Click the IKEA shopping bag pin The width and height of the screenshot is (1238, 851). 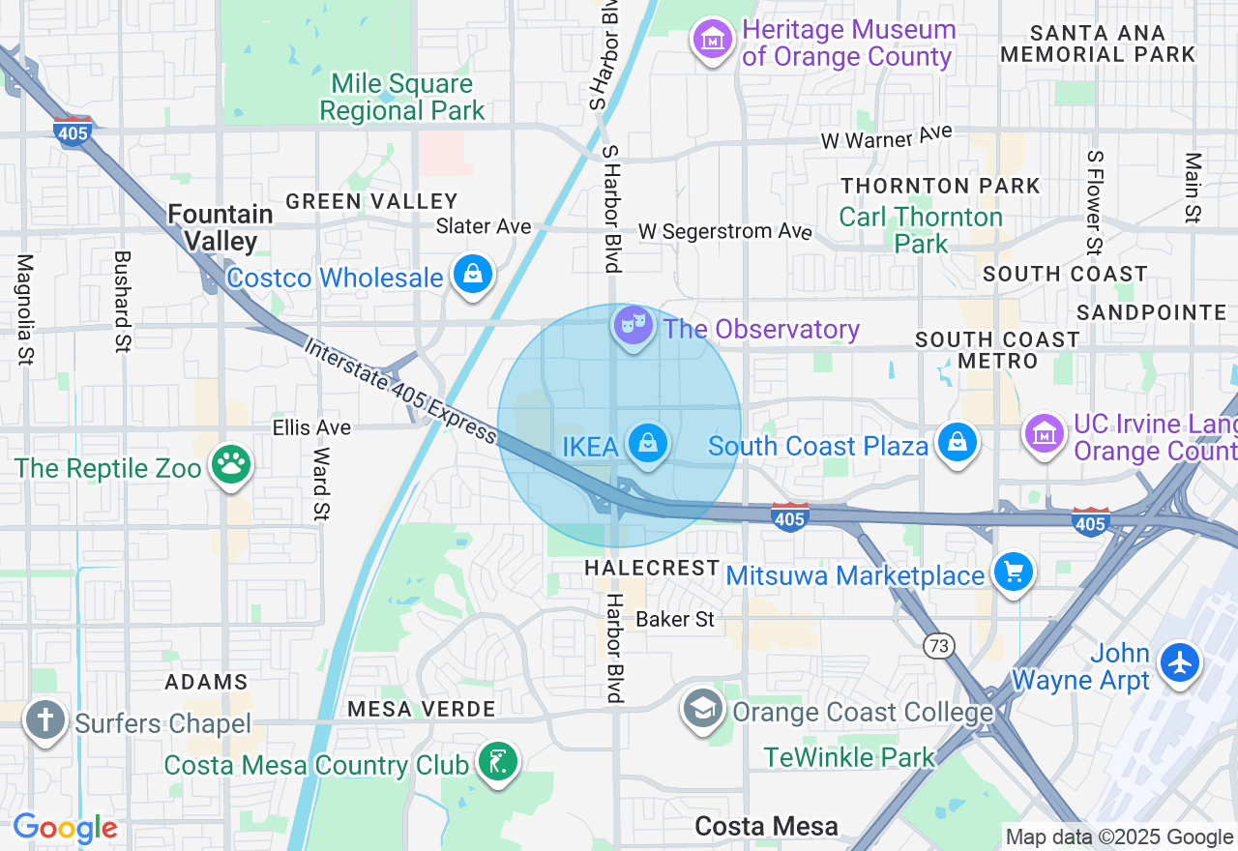point(648,444)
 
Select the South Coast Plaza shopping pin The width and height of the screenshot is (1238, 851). point(957,444)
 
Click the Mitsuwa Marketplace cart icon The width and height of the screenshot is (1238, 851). point(1013,573)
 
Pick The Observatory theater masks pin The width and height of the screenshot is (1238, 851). point(633,327)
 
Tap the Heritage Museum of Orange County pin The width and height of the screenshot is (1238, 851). point(713,40)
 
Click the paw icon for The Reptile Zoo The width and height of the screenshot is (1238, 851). point(230,467)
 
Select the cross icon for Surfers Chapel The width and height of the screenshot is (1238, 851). point(44,720)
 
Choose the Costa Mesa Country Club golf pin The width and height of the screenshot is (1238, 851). point(496,763)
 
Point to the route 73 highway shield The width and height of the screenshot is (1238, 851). point(937,647)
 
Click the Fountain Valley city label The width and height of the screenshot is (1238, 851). point(221,227)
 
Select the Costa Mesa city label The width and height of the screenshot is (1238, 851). point(766,826)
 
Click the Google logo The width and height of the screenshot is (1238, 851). point(65,829)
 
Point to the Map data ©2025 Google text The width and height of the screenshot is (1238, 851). point(1119,836)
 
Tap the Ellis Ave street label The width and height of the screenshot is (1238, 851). point(311,426)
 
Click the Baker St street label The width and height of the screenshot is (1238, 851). point(675,619)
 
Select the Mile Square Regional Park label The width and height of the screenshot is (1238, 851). point(401,98)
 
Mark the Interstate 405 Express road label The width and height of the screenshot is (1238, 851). point(401,391)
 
